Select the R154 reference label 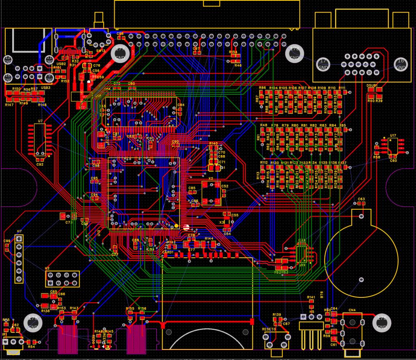point(233,52)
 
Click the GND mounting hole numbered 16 point(401,64)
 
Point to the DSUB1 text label point(372,86)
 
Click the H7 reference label point(19,231)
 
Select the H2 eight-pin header point(63,279)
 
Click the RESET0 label point(269,329)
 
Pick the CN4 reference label point(352,310)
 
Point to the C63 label point(361,199)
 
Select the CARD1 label point(168,252)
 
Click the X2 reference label point(210,178)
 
